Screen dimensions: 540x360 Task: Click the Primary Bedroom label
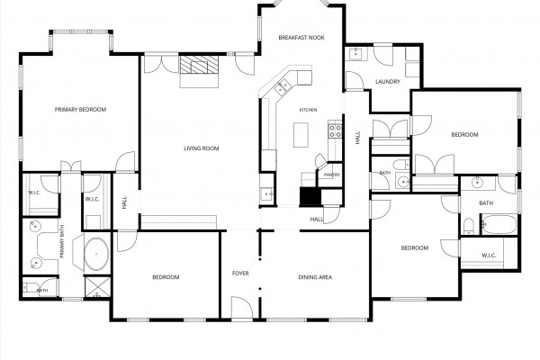point(81,110)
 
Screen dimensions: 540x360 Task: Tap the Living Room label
point(202,148)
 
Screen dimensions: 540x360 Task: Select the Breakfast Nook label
point(301,37)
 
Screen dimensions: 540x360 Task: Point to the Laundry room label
point(388,82)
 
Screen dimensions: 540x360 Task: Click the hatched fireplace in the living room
point(199,65)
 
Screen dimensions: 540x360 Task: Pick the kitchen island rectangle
point(301,135)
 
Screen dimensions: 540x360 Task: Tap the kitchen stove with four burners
point(335,130)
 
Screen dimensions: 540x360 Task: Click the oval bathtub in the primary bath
point(96,254)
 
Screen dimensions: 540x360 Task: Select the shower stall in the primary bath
point(97,287)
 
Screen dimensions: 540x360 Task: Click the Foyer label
point(240,274)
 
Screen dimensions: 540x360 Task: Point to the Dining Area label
point(315,277)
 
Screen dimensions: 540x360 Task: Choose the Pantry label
point(331,175)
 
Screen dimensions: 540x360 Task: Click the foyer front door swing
point(242,307)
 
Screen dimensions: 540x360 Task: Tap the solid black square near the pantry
point(310,197)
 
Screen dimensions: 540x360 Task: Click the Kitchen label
point(308,110)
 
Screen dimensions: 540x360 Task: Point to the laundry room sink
point(355,53)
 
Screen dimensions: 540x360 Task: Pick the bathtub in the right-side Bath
point(499,225)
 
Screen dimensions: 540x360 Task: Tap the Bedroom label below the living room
point(166,277)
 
